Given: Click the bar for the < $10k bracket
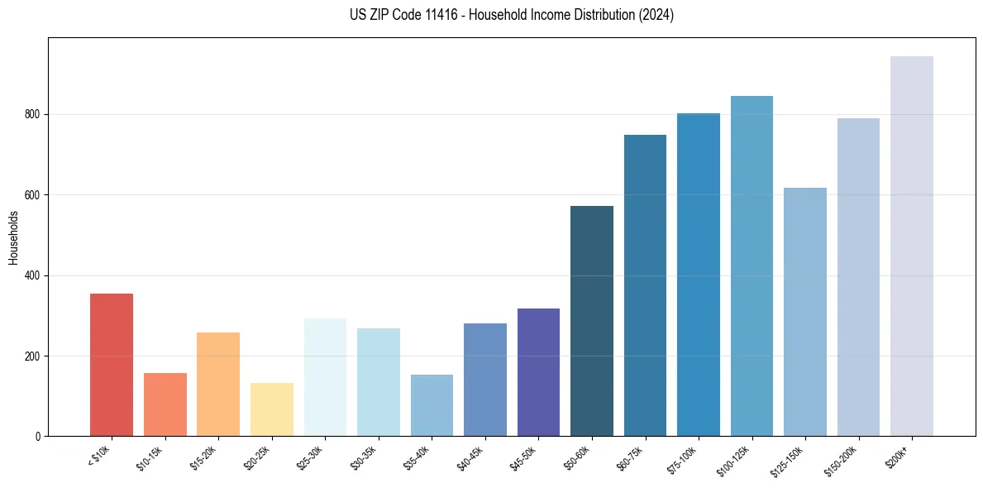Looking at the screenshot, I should [112, 365].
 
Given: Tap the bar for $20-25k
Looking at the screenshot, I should [272, 409].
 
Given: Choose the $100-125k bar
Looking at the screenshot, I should [752, 266].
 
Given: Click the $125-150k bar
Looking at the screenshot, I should [805, 312].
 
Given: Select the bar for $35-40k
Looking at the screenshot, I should [432, 405].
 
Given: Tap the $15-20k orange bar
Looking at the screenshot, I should [218, 384].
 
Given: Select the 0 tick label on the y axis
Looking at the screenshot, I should [37, 436].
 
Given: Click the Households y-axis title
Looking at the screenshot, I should [13, 237].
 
